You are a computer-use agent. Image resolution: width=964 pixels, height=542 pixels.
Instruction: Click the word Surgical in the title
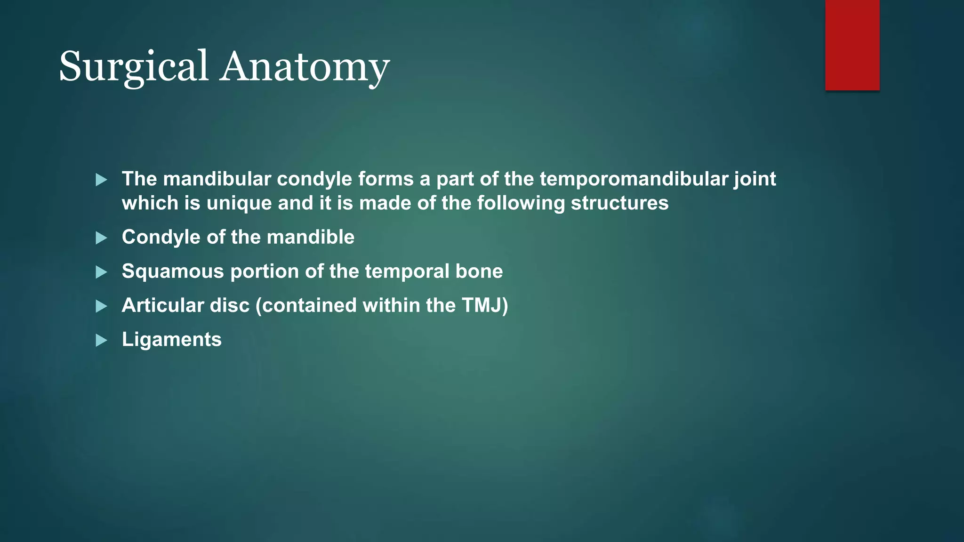(134, 66)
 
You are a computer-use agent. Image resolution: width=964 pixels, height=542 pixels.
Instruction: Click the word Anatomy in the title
(305, 66)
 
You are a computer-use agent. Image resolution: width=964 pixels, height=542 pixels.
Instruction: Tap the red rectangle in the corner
(852, 45)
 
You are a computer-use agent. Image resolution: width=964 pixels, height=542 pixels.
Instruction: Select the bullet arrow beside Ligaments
(101, 340)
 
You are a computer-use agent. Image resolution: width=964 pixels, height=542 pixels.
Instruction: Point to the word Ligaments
(171, 339)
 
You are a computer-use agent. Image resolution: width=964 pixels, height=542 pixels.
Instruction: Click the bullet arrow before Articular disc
(101, 306)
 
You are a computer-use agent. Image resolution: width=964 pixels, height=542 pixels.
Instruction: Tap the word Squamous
(172, 271)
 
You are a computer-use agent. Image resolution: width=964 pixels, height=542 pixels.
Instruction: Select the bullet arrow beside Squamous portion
(101, 272)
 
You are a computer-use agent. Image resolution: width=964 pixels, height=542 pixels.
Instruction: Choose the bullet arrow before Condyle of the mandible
(101, 238)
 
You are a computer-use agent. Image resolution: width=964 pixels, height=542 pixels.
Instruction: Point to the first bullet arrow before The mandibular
(101, 180)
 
